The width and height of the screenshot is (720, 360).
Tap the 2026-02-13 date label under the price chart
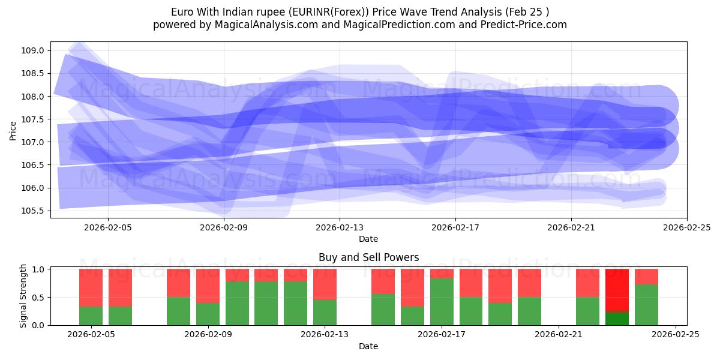[x=340, y=227]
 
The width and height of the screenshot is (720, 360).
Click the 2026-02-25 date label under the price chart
[x=686, y=227]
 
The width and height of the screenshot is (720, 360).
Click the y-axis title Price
[x=13, y=130]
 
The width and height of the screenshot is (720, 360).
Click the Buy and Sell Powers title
[x=368, y=257]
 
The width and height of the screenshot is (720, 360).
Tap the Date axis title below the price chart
[x=368, y=239]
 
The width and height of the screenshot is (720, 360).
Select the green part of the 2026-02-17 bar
[x=442, y=302]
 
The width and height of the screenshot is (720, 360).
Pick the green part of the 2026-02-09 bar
[x=208, y=314]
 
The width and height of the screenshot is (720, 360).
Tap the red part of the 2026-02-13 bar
[x=325, y=284]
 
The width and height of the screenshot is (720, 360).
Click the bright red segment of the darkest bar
[x=617, y=290]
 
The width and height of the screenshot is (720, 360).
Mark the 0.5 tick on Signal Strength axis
[x=39, y=297]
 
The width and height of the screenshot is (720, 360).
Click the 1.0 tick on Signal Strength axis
[x=39, y=269]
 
